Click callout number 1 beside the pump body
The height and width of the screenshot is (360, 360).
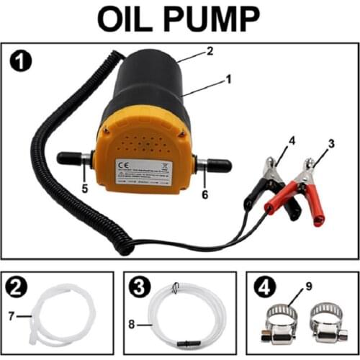point(229,79)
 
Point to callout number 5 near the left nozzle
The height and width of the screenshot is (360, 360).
point(85,190)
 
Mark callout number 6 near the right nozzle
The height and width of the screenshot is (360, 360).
point(205,192)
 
